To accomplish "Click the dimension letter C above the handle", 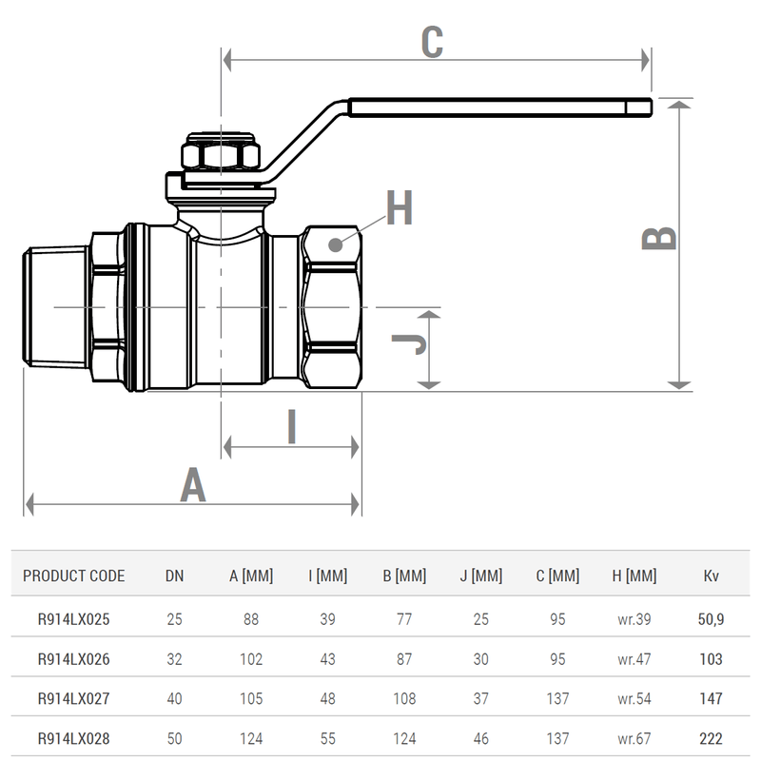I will pyautogui.click(x=432, y=42).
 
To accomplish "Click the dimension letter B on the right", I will pyautogui.click(x=659, y=238).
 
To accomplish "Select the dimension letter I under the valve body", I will pyautogui.click(x=292, y=427).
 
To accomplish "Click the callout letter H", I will pyautogui.click(x=400, y=209).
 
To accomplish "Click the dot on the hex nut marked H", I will pyautogui.click(x=334, y=244).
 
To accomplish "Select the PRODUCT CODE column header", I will pyautogui.click(x=73, y=576).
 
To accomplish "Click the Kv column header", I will pyautogui.click(x=711, y=576).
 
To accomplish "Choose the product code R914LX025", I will pyautogui.click(x=73, y=619).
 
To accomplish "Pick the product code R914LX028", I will pyautogui.click(x=73, y=738).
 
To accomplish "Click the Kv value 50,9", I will pyautogui.click(x=711, y=619).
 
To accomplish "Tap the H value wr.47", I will pyautogui.click(x=634, y=659).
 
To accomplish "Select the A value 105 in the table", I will pyautogui.click(x=251, y=699).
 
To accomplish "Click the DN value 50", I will pyautogui.click(x=175, y=738).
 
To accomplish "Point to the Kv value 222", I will pyautogui.click(x=711, y=738).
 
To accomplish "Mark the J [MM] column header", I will pyautogui.click(x=480, y=576).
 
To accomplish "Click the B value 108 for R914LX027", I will pyautogui.click(x=404, y=699).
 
